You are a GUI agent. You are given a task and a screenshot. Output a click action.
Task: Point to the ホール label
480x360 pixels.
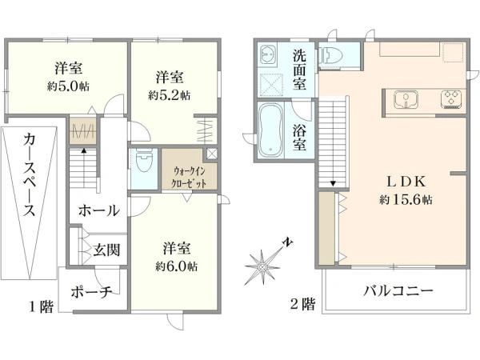(98, 211)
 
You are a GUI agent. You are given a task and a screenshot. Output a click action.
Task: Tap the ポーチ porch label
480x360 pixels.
(89, 292)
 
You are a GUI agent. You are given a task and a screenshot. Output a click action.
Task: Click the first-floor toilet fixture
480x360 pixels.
(145, 162)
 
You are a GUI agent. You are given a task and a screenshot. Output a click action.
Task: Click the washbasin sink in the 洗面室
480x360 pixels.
(266, 55)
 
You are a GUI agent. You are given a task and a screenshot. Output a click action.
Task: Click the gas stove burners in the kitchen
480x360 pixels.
(451, 99)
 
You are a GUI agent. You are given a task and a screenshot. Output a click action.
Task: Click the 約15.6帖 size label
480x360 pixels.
(406, 199)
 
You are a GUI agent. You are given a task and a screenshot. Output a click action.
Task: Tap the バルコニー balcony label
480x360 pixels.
(400, 290)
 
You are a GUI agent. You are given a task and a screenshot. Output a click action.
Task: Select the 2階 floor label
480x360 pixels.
(302, 305)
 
